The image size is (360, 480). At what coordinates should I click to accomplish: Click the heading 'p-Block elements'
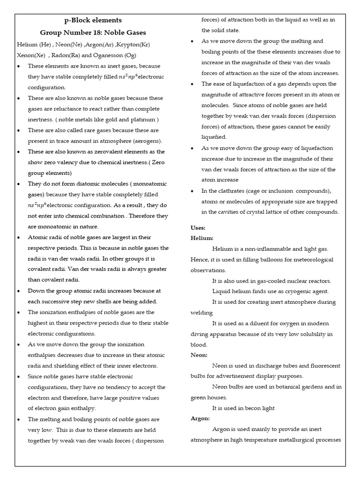pyautogui.click(x=93, y=20)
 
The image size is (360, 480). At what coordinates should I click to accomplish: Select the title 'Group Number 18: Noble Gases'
pyautogui.click(x=93, y=32)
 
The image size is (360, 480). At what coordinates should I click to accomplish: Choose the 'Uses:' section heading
pyautogui.click(x=198, y=227)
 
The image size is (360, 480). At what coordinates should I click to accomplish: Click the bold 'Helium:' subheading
pyautogui.click(x=202, y=238)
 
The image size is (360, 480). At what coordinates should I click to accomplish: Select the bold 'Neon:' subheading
pyautogui.click(x=199, y=355)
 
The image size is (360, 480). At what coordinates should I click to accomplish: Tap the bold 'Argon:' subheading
pyautogui.click(x=200, y=418)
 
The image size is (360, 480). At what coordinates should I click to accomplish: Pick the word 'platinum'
pyautogui.click(x=143, y=120)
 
